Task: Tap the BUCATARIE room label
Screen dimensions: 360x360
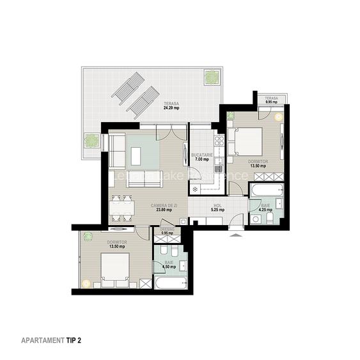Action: coord(203,155)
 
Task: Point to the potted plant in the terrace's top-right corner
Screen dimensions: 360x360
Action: coord(211,77)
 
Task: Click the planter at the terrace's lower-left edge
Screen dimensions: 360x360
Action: coord(91,140)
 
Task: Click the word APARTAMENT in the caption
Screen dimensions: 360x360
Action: coord(42,340)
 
